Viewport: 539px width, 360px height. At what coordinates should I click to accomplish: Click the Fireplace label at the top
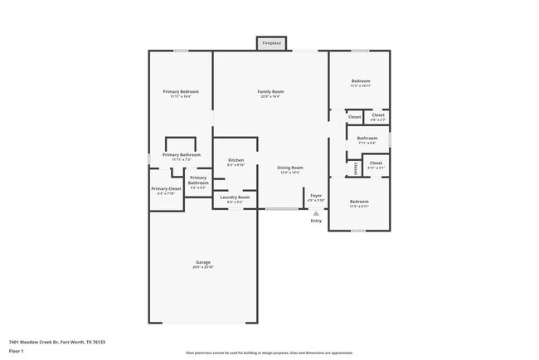tap(271, 42)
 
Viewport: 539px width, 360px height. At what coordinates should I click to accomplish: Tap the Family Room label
tap(270, 91)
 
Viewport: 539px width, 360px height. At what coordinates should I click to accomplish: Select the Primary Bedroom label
tap(181, 91)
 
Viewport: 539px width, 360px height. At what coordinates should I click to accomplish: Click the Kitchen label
tap(236, 159)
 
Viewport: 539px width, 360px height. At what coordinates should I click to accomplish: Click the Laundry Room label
tap(235, 197)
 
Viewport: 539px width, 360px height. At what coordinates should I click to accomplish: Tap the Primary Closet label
tap(166, 188)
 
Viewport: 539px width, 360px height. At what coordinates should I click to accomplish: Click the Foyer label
tap(316, 197)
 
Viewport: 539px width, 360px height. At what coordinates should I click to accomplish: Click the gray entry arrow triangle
tap(316, 213)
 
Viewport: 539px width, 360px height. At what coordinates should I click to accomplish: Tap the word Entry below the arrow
tap(316, 221)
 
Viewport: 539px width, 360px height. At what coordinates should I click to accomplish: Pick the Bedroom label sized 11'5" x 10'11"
tap(360, 81)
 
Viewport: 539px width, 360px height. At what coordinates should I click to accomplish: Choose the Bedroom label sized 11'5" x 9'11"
tap(359, 202)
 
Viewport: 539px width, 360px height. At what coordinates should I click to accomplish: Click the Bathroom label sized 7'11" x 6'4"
tap(367, 138)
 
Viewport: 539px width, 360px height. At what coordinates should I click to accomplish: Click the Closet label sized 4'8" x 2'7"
tap(378, 115)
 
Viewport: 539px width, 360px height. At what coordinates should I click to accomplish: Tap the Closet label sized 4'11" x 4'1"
tap(376, 163)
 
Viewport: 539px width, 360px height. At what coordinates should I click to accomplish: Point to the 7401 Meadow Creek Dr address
tap(57, 341)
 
